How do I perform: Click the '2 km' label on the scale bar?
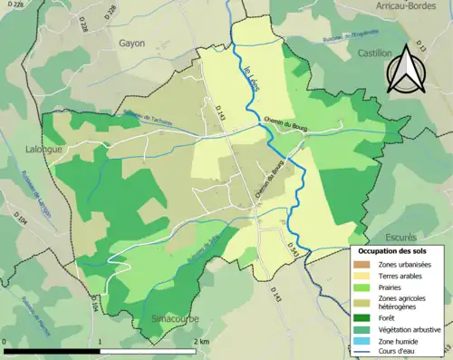click(202, 341)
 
